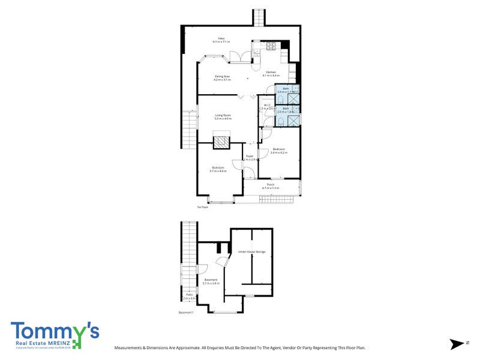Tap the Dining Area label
[x=223, y=76]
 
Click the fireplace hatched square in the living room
[x=223, y=142]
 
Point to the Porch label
[x=271, y=185]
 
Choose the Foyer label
[x=250, y=156]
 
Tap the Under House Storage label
[x=252, y=251]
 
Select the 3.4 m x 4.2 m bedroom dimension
[x=279, y=153]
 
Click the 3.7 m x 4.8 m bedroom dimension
[x=218, y=171]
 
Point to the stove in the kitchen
[x=269, y=46]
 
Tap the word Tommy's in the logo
[x=55, y=332]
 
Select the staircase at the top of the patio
[x=259, y=17]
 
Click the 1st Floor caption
[x=202, y=207]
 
